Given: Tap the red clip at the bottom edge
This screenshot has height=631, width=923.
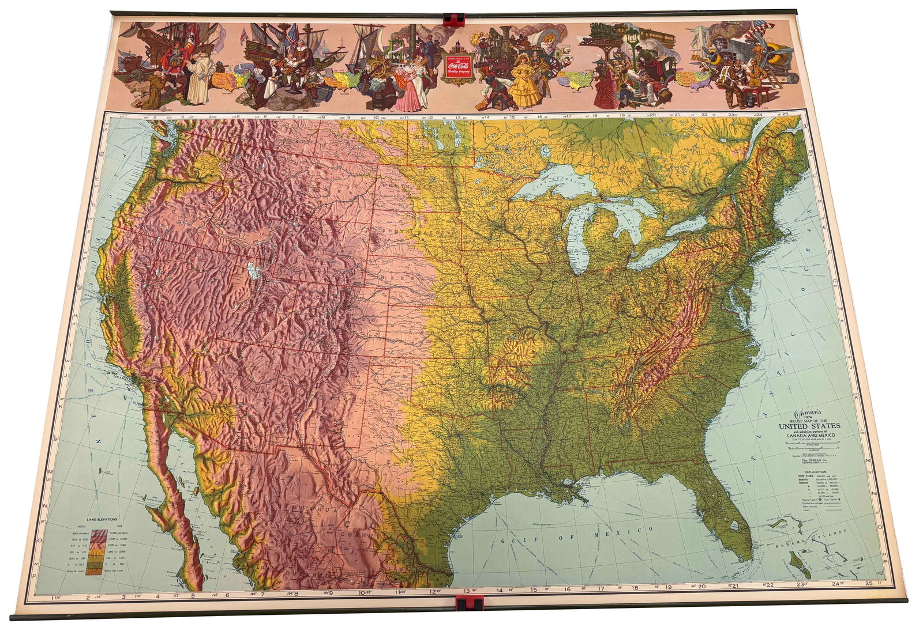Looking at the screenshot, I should pos(470,604).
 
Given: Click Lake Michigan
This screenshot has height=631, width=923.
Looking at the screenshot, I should pos(580,242).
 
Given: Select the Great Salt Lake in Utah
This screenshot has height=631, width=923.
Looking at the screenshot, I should pos(252,270).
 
